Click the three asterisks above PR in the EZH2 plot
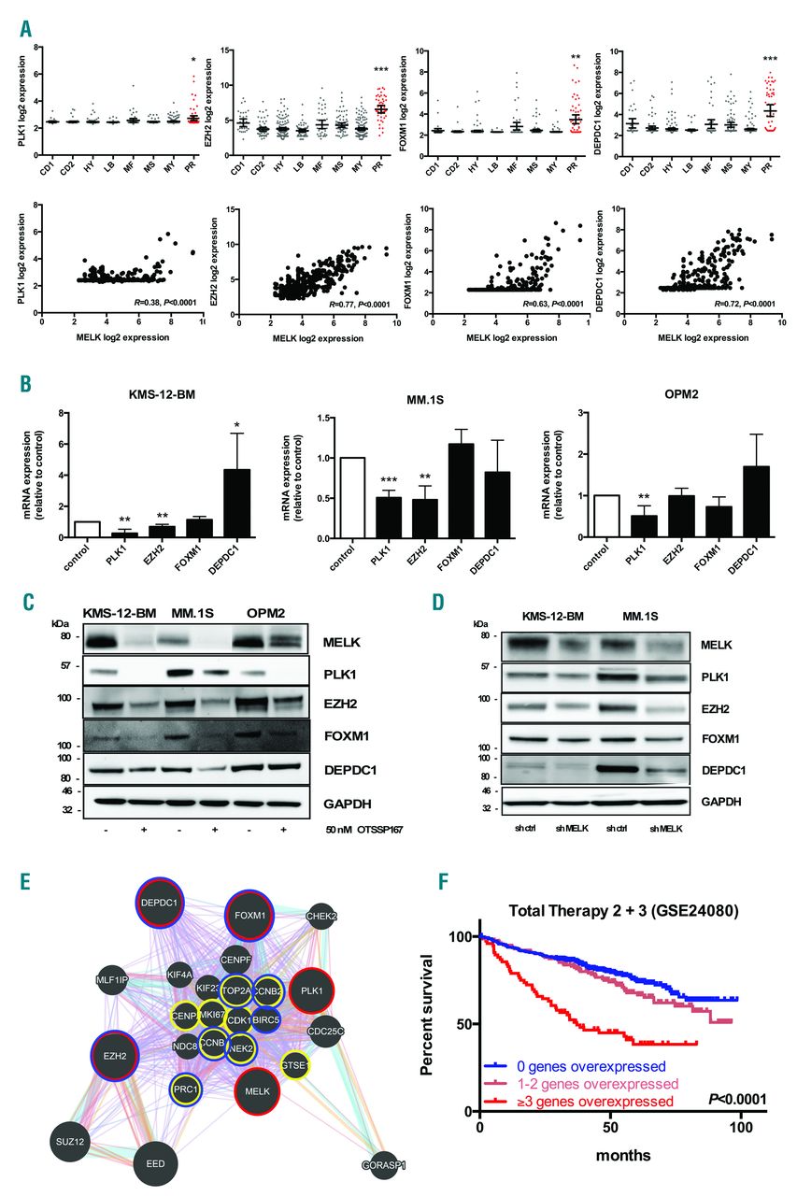pos(380,70)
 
